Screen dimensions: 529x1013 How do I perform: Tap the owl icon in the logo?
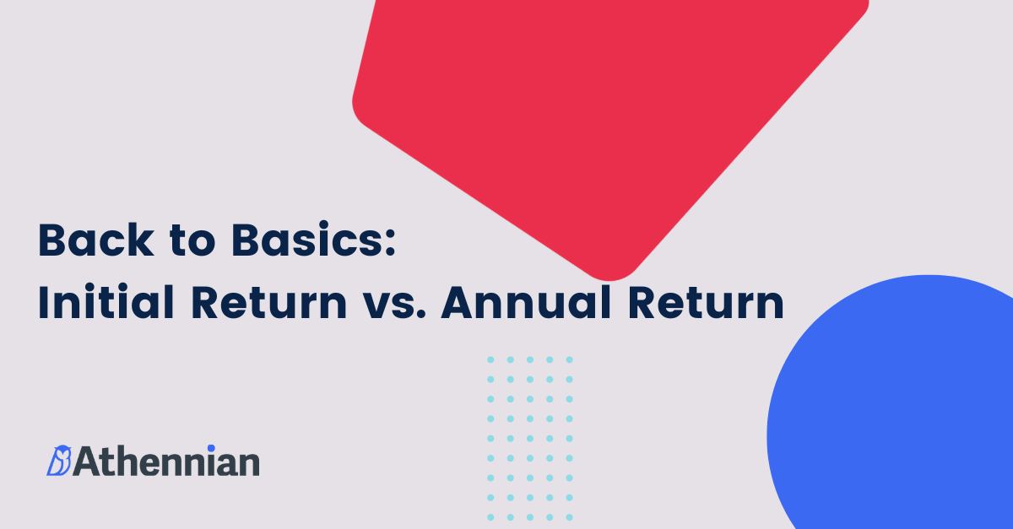point(59,461)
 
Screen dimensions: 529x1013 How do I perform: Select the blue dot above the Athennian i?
point(211,448)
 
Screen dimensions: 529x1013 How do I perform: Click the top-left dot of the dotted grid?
point(490,359)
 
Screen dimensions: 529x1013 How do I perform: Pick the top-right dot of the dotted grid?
point(569,359)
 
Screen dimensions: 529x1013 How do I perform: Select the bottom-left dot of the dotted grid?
point(490,516)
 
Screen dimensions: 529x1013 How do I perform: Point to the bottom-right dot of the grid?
point(569,516)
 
